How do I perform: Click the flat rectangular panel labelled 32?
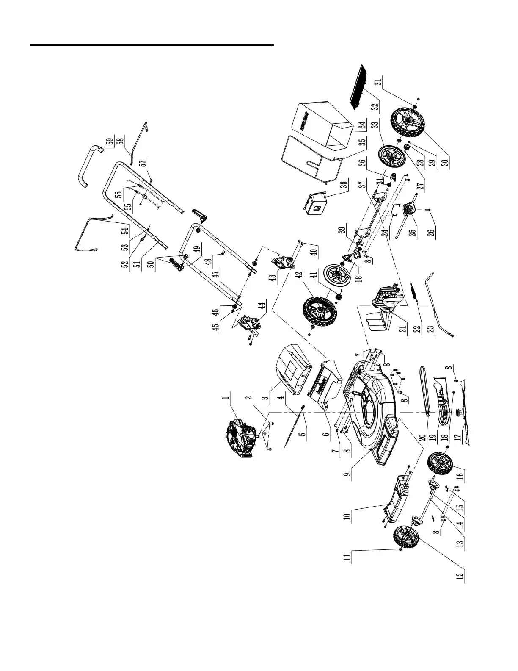click(357, 86)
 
